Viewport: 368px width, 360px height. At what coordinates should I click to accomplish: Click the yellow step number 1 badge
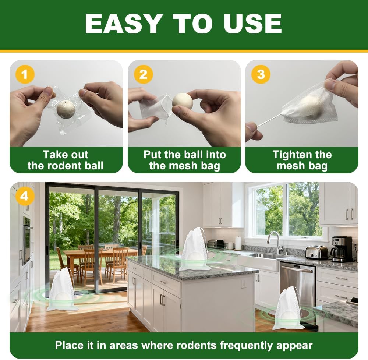(x=25, y=75)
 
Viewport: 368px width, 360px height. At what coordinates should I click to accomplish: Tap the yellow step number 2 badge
(x=143, y=75)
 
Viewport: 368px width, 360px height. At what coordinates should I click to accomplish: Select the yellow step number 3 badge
(x=261, y=74)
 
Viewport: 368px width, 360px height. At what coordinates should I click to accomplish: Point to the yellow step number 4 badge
(x=24, y=196)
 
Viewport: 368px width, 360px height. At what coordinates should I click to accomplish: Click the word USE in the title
(x=251, y=24)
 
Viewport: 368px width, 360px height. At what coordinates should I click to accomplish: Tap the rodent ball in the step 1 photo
(x=66, y=109)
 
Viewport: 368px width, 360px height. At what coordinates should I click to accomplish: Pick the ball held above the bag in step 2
(x=183, y=101)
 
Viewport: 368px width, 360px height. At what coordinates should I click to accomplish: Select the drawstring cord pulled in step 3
(x=269, y=120)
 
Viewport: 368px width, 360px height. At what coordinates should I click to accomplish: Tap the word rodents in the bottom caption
(x=241, y=345)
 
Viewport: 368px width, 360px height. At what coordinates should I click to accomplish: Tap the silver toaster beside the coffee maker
(x=316, y=252)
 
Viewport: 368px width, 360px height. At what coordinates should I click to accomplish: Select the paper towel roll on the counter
(x=238, y=243)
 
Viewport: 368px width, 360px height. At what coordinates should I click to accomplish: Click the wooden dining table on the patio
(x=99, y=254)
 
